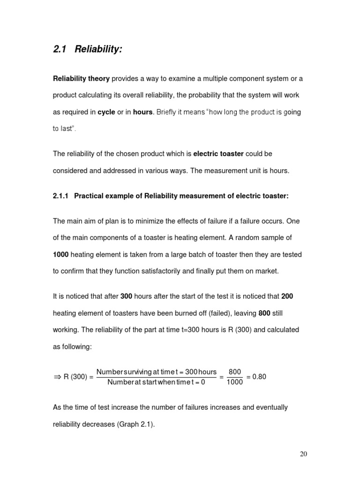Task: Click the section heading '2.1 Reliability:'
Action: (x=87, y=50)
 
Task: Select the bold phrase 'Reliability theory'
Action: (x=81, y=78)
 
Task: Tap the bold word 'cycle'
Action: (x=106, y=112)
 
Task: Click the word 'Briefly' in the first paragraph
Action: (x=167, y=112)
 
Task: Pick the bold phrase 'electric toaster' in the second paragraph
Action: (x=219, y=153)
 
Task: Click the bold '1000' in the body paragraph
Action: (x=61, y=255)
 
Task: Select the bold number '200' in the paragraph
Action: (x=287, y=296)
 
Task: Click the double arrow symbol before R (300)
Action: (x=57, y=377)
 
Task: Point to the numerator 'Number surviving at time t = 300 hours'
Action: (x=156, y=372)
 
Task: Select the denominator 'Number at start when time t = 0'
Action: (x=156, y=382)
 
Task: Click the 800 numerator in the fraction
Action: (x=234, y=372)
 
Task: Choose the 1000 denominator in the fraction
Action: (x=234, y=382)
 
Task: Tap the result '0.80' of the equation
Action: (x=259, y=376)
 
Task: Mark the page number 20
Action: (x=303, y=454)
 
